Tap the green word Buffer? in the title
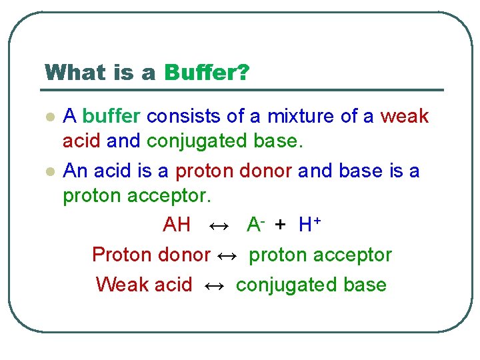(x=207, y=73)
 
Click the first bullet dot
(x=49, y=117)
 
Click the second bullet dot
(x=49, y=172)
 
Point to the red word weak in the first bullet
(x=404, y=117)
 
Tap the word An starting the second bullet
(x=75, y=171)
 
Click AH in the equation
(x=177, y=225)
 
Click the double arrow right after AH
(x=219, y=225)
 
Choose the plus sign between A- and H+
(x=280, y=225)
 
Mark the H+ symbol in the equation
(x=309, y=225)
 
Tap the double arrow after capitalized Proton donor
(x=227, y=255)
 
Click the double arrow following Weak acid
(x=214, y=285)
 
